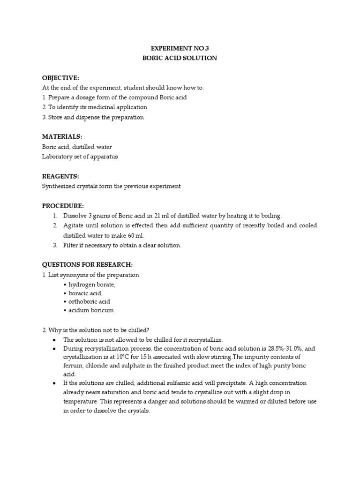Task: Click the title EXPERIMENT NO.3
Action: click(x=179, y=48)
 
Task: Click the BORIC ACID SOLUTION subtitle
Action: click(x=179, y=58)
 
